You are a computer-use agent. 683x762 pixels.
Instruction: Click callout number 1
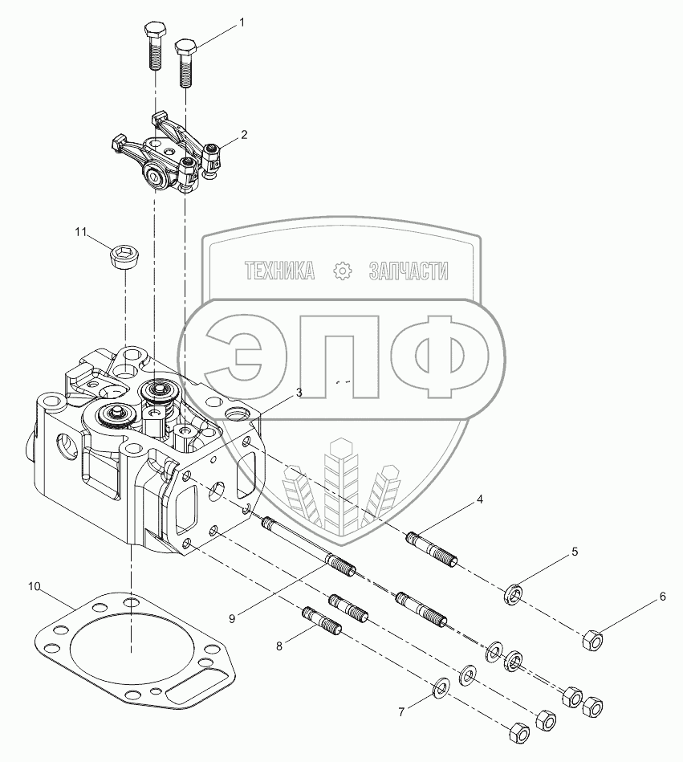(240, 25)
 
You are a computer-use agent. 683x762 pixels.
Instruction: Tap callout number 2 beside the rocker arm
(244, 134)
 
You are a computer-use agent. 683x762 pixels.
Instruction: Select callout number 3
(299, 393)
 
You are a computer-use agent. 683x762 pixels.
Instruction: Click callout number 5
(575, 552)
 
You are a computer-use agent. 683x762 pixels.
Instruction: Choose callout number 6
(662, 597)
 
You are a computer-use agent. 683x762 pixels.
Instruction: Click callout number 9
(233, 617)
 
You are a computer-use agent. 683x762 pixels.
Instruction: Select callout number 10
(35, 587)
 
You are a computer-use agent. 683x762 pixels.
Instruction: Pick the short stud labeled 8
(323, 622)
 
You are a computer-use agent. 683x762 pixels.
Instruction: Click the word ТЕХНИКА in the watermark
(279, 271)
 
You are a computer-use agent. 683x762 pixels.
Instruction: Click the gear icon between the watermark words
(343, 271)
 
